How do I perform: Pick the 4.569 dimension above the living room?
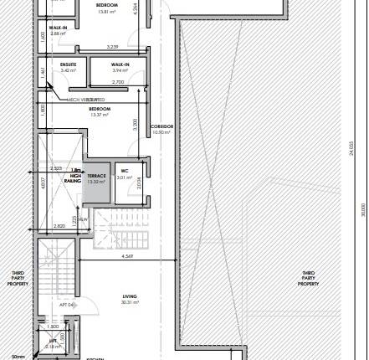point(127,255)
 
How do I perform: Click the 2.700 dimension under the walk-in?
point(106,83)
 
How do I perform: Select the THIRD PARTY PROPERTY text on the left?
point(18,279)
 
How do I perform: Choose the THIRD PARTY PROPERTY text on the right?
point(309,279)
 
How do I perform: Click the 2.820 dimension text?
point(59,227)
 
